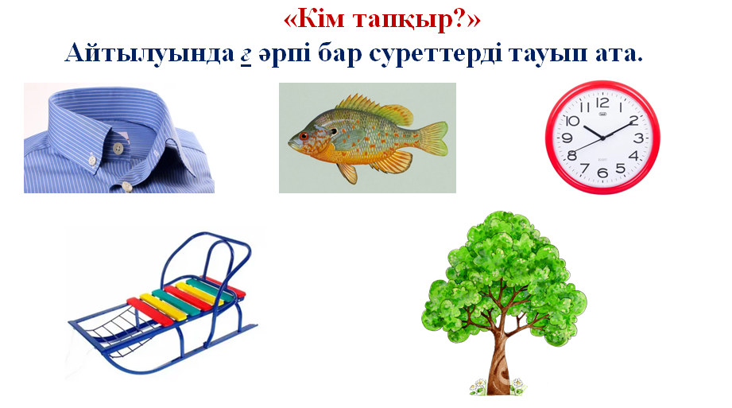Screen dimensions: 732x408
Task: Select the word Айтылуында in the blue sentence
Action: pos(149,53)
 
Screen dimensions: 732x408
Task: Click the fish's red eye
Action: pos(304,137)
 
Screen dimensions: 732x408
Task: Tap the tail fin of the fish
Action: pos(432,138)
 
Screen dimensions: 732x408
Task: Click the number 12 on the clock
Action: pos(602,103)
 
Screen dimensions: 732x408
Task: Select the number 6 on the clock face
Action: pos(602,173)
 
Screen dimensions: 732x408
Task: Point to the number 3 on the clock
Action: pos(638,138)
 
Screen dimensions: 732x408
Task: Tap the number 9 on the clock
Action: pos(567,138)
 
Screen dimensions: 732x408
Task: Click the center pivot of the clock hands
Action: pos(602,138)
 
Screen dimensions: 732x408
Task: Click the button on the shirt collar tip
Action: pos(118,148)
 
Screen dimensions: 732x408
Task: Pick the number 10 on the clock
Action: pos(572,121)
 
